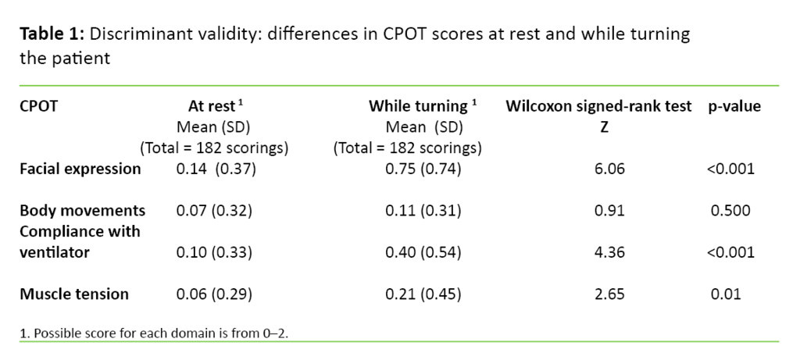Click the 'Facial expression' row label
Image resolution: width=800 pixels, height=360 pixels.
(x=80, y=168)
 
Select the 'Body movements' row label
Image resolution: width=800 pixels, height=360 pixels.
(x=82, y=211)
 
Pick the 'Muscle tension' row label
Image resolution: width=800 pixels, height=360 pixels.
(x=74, y=294)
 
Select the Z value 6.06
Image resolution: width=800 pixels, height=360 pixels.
(x=611, y=168)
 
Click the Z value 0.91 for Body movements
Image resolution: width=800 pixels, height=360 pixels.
(x=611, y=211)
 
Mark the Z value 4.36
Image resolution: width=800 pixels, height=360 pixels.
(x=611, y=252)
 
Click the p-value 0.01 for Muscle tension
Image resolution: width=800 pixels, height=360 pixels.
(x=726, y=294)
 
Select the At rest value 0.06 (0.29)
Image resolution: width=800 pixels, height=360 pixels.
(x=212, y=294)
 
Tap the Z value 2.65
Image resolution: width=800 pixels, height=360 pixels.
(x=611, y=294)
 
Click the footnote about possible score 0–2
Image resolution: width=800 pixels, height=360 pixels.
(x=160, y=333)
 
